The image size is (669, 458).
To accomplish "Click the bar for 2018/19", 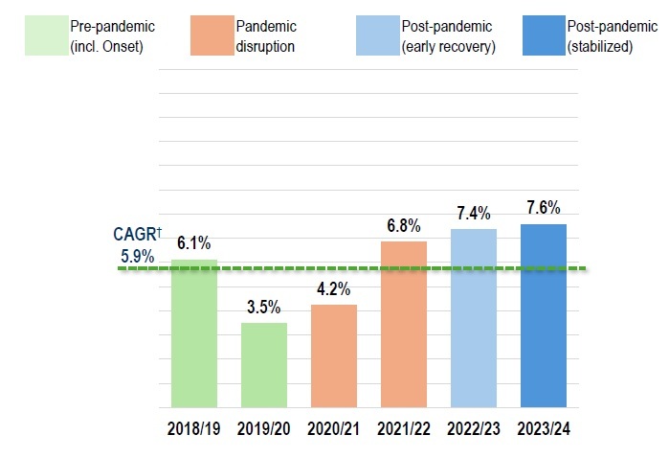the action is pyautogui.click(x=194, y=333).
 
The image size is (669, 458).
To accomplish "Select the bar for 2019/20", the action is pyautogui.click(x=264, y=365).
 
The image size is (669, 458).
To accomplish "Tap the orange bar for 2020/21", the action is pyautogui.click(x=334, y=355).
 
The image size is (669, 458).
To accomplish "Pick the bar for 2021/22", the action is pyautogui.click(x=404, y=324).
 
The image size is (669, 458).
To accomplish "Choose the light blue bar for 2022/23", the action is pyautogui.click(x=474, y=318).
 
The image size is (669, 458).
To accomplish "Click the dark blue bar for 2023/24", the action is pyautogui.click(x=544, y=316).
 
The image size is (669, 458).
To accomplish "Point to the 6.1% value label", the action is pyautogui.click(x=194, y=243).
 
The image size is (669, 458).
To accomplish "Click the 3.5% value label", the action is pyautogui.click(x=264, y=307).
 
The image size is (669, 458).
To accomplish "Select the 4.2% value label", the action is pyautogui.click(x=334, y=288).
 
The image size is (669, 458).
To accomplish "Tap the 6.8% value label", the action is pyautogui.click(x=404, y=225).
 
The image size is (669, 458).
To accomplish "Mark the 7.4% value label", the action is pyautogui.click(x=474, y=213).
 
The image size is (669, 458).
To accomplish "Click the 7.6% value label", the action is pyautogui.click(x=544, y=208).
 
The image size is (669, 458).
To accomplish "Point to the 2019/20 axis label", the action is pyautogui.click(x=263, y=428).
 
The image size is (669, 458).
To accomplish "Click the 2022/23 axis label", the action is pyautogui.click(x=474, y=428).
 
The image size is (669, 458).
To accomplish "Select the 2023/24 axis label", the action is pyautogui.click(x=544, y=428).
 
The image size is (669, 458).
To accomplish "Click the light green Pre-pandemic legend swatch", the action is pyautogui.click(x=47, y=35).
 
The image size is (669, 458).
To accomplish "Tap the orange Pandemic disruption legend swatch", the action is pyautogui.click(x=212, y=35).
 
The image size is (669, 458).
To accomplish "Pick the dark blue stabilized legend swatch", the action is pyautogui.click(x=544, y=35).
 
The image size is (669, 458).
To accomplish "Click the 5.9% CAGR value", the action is pyautogui.click(x=138, y=257).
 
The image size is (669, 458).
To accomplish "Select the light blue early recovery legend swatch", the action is pyautogui.click(x=378, y=35).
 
